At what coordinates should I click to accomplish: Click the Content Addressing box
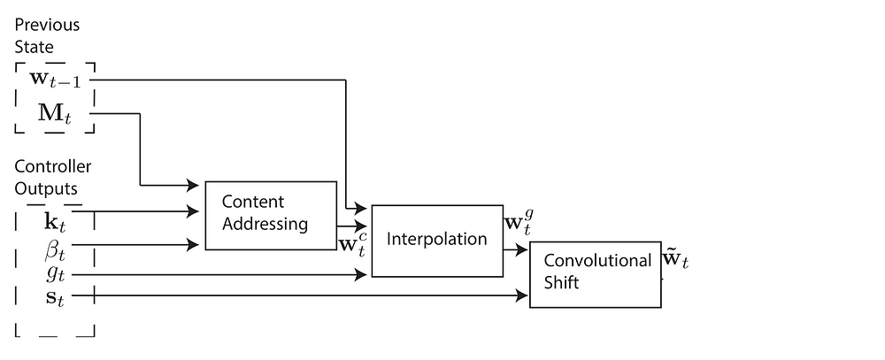pyautogui.click(x=271, y=216)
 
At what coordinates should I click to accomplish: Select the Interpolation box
pyautogui.click(x=437, y=241)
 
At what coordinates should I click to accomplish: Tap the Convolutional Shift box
pyautogui.click(x=595, y=274)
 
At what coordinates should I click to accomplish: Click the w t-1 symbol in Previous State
pyautogui.click(x=55, y=80)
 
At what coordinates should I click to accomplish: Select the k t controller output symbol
pyautogui.click(x=55, y=221)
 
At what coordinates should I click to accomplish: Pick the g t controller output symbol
pyautogui.click(x=55, y=274)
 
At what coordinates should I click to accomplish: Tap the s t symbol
pyautogui.click(x=55, y=297)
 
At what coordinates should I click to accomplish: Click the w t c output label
pyautogui.click(x=353, y=244)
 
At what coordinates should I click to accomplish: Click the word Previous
pyautogui.click(x=47, y=26)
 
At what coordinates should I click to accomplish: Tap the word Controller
pyautogui.click(x=52, y=166)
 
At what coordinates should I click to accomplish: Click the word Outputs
pyautogui.click(x=46, y=188)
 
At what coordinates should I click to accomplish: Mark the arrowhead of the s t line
pyautogui.click(x=522, y=295)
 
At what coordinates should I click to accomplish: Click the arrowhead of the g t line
pyautogui.click(x=361, y=275)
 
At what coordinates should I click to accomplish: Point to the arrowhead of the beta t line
pyautogui.click(x=193, y=245)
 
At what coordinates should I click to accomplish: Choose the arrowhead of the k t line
pyautogui.click(x=193, y=211)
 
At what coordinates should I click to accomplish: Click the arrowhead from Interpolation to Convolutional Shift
pyautogui.click(x=521, y=249)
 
